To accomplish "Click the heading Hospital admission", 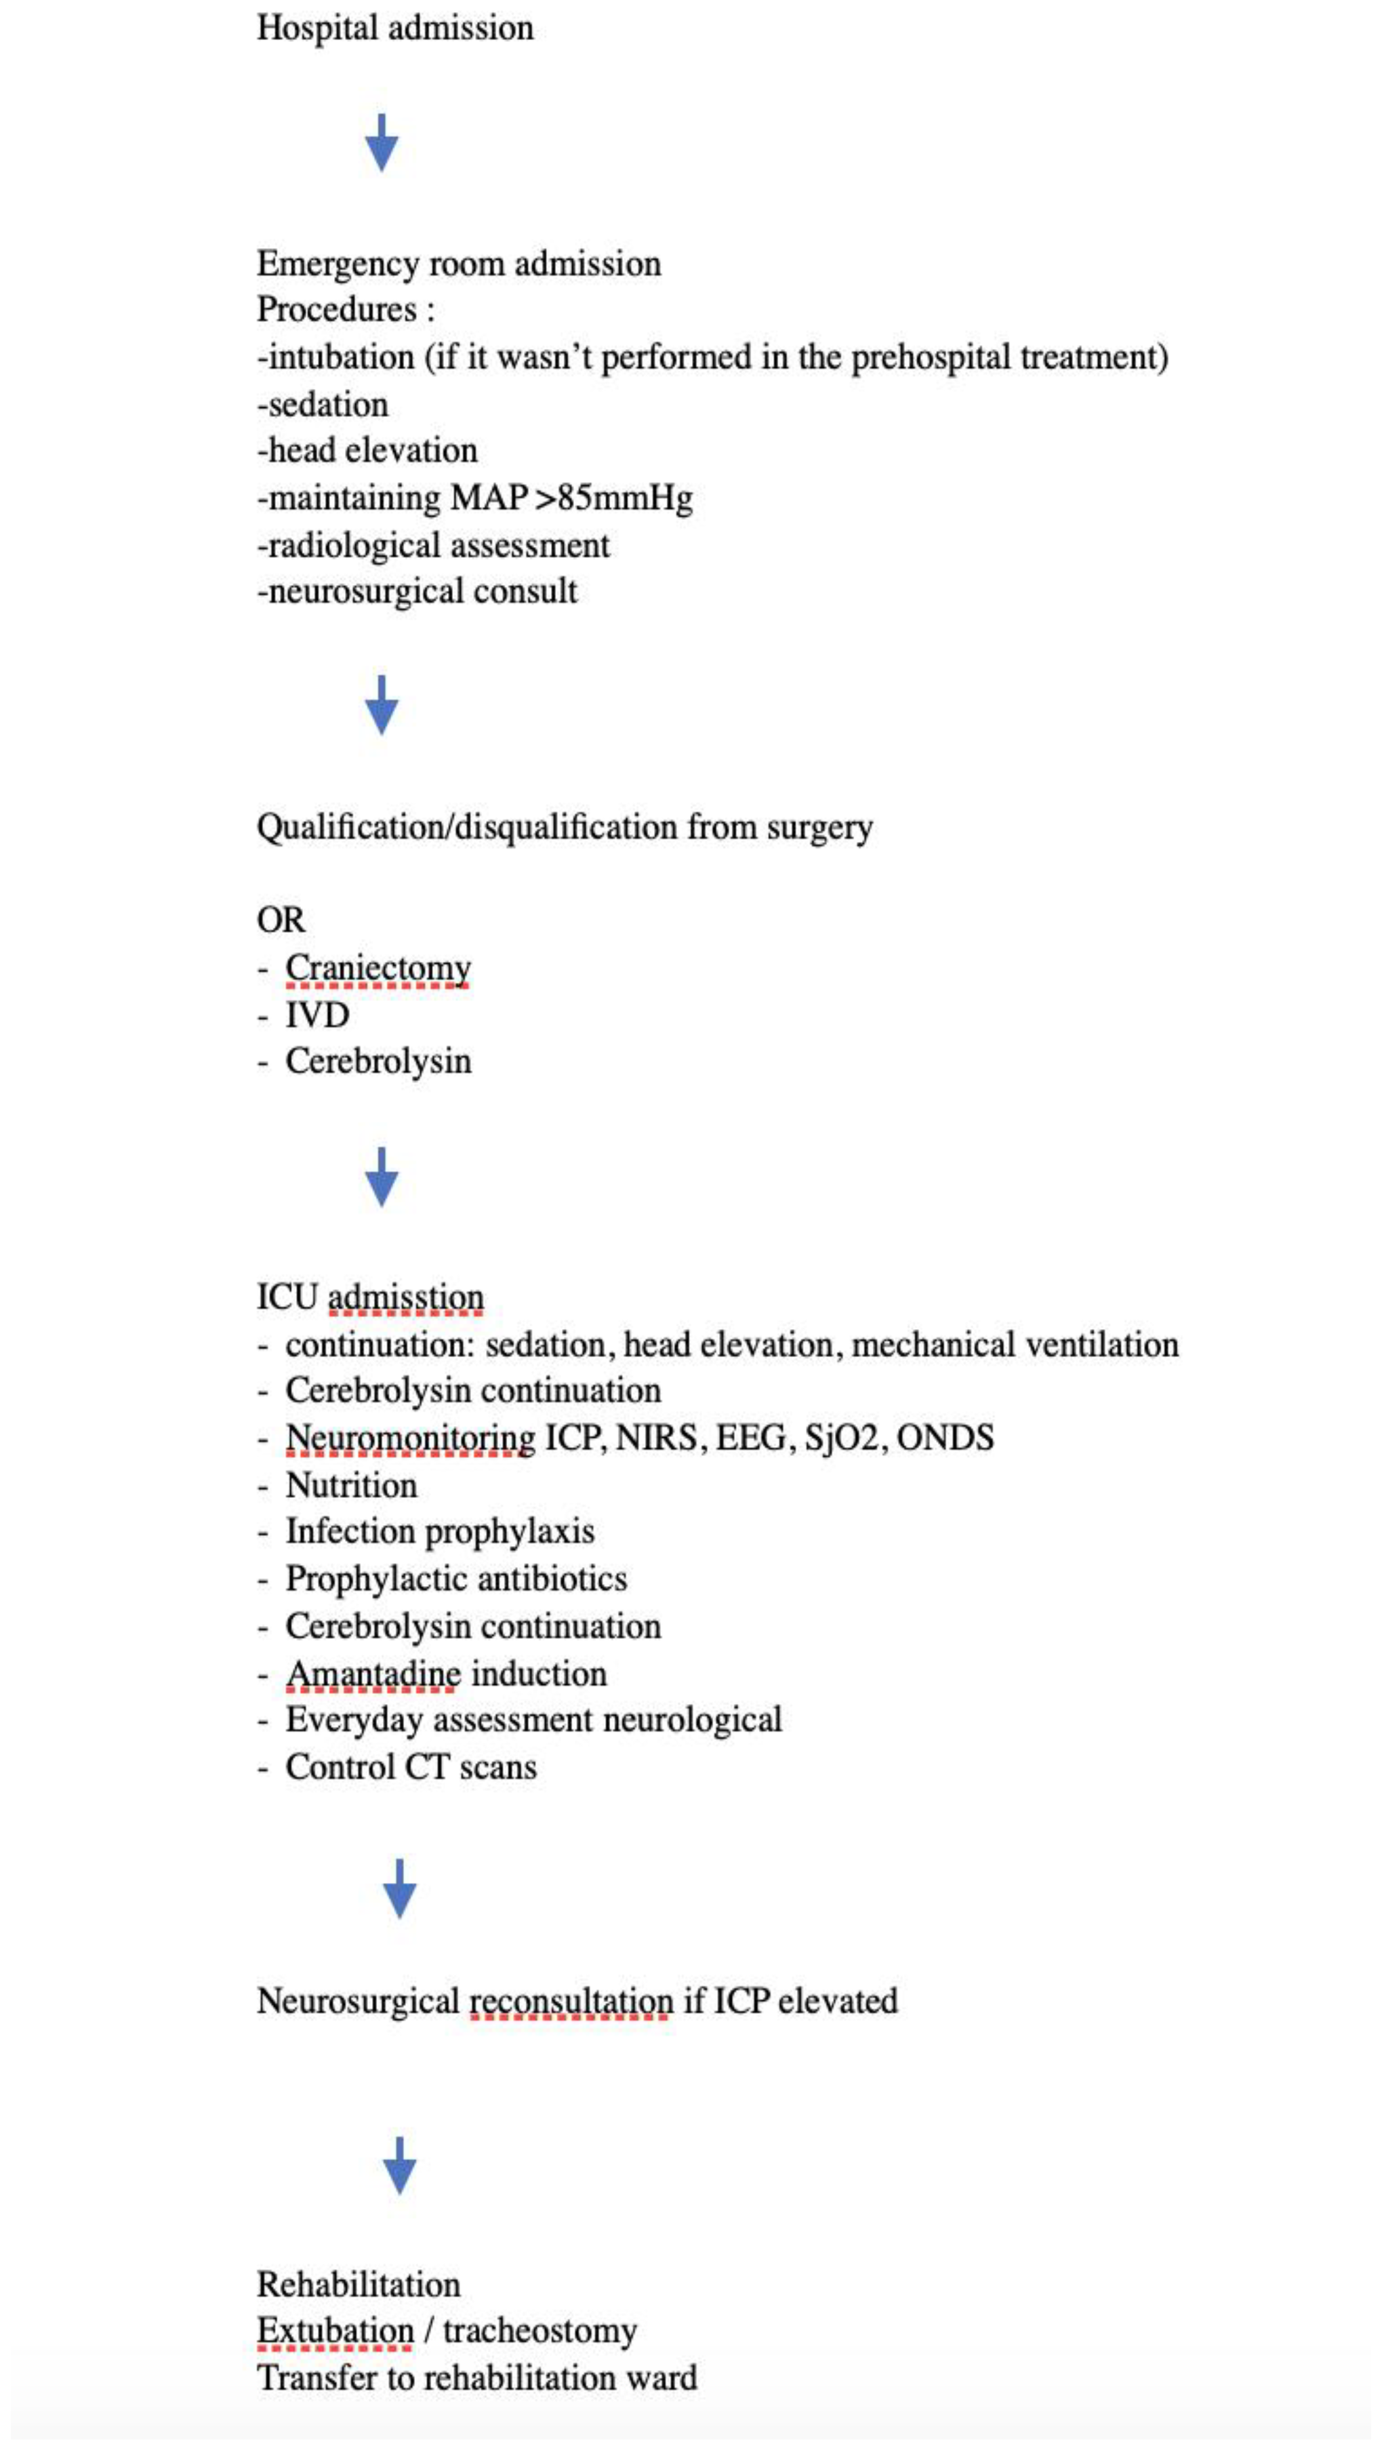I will [x=394, y=28].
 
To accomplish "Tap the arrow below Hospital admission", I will [x=381, y=143].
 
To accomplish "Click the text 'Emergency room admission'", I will [x=458, y=264].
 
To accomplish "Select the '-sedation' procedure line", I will [x=323, y=405].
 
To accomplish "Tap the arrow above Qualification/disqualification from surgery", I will [x=381, y=706].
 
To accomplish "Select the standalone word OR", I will [x=281, y=920].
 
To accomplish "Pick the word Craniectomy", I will [x=378, y=967].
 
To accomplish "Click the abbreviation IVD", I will [x=317, y=1015].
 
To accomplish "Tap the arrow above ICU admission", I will [x=381, y=1177].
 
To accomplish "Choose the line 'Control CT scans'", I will [x=411, y=1767].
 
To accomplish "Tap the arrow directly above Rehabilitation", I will [x=399, y=2166].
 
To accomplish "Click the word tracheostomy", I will [x=540, y=2331].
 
